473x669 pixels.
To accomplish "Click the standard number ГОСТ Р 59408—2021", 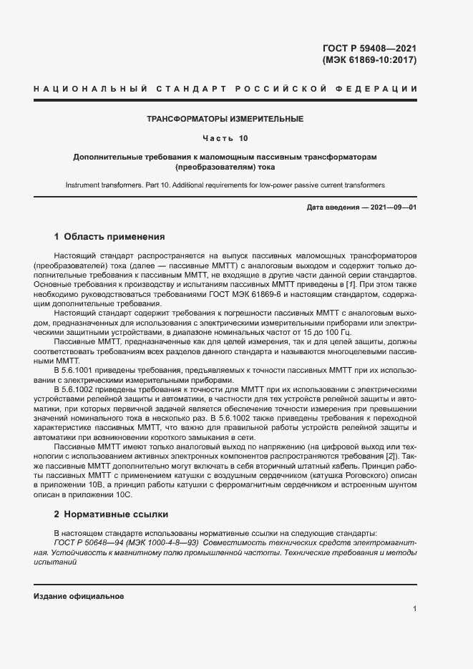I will (370, 49).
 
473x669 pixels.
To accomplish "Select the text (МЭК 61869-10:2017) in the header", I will (370, 60).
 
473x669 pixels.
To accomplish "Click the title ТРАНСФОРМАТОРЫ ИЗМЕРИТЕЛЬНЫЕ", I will (225, 119).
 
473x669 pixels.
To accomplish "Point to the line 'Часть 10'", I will (225, 137).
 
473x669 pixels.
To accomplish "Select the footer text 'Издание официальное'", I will (79, 596).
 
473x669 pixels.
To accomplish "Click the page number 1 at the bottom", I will (415, 609).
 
